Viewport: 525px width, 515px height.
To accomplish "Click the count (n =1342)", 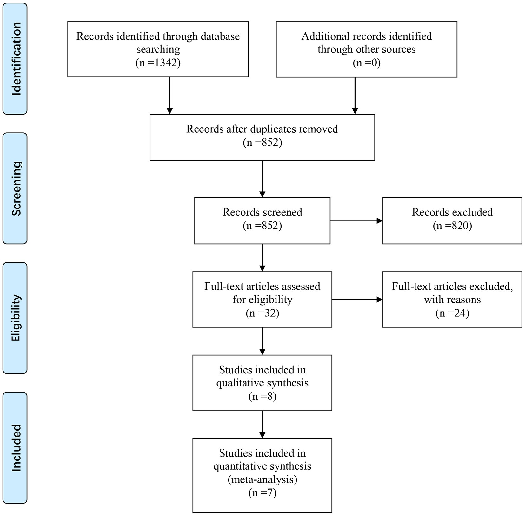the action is pyautogui.click(x=158, y=63).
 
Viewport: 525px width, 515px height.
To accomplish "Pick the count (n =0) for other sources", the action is pyautogui.click(x=367, y=63).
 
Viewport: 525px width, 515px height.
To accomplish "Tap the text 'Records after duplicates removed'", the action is pyautogui.click(x=262, y=129).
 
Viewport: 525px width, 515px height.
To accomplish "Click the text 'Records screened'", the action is pyautogui.click(x=262, y=212).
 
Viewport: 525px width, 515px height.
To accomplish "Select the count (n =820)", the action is pyautogui.click(x=452, y=226).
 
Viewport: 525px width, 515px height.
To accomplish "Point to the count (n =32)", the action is pyautogui.click(x=262, y=313).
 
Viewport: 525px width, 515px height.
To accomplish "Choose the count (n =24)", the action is pyautogui.click(x=452, y=313).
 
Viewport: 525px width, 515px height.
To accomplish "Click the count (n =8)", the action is pyautogui.click(x=262, y=396).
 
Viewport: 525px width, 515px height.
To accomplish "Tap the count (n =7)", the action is pyautogui.click(x=262, y=493).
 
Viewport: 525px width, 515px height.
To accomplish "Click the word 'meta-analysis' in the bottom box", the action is pyautogui.click(x=262, y=479).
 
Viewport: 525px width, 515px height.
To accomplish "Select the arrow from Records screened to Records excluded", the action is pyautogui.click(x=356, y=221).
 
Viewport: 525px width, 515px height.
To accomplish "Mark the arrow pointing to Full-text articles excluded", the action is pyautogui.click(x=357, y=300).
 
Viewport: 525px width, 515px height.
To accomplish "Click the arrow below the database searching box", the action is pyautogui.click(x=170, y=96).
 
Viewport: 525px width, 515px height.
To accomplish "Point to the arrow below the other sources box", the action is pyautogui.click(x=355, y=96).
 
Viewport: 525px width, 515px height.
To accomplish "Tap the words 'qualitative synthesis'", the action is pyautogui.click(x=262, y=383).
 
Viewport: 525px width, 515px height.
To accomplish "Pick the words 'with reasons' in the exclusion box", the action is pyautogui.click(x=452, y=300).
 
